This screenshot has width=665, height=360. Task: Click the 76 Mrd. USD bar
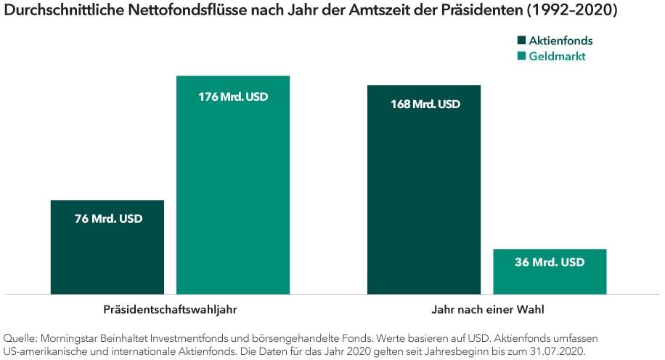coord(107,254)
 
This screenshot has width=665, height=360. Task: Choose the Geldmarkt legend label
coord(558,57)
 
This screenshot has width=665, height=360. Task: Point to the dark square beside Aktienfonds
coord(521,41)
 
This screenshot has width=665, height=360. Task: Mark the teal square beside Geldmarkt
coord(521,57)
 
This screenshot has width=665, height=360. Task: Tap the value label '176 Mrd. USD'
coord(233,97)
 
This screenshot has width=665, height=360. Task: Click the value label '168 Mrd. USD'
coord(425,105)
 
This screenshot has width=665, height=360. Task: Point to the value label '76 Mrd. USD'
coord(108,218)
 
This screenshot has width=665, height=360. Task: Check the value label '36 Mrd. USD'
coord(550,263)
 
